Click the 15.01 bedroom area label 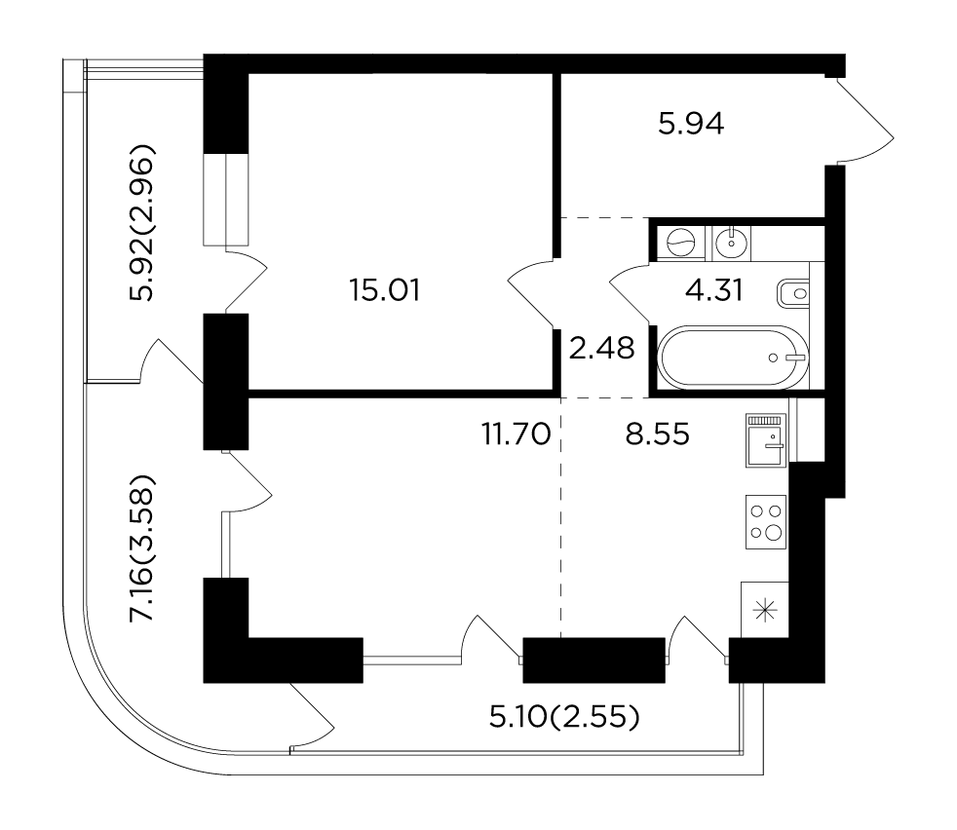(385, 290)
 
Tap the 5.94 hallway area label (691, 124)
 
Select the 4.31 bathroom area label (714, 290)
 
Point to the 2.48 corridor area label (602, 349)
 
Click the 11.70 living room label (517, 434)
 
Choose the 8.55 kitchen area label (657, 434)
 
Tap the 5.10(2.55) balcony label (564, 717)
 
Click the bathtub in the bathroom (733, 357)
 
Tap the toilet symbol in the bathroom (793, 294)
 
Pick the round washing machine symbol (680, 244)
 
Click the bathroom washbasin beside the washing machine (731, 244)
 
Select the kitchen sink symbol (766, 440)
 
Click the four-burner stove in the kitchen (766, 522)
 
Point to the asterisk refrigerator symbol (765, 610)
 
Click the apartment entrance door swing (864, 122)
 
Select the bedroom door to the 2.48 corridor (531, 291)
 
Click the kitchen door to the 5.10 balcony (698, 638)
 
